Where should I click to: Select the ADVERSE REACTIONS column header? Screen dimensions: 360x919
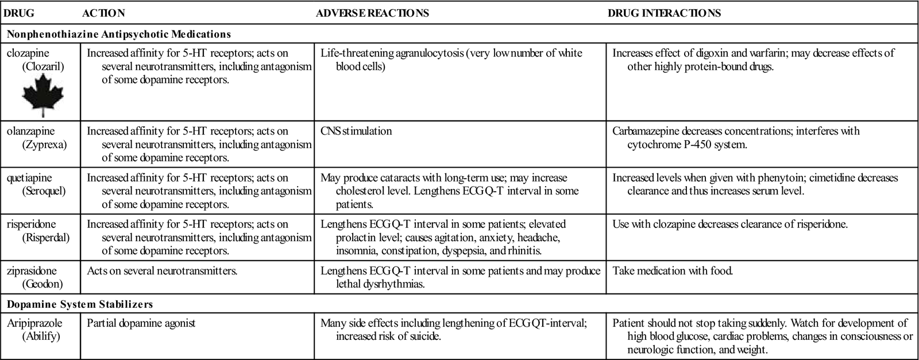372,13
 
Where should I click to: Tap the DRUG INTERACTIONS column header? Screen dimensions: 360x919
664,13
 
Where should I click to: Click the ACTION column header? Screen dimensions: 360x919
103,13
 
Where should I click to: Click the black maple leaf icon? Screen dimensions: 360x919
43,96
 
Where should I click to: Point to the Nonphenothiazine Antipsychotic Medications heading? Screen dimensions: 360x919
119,34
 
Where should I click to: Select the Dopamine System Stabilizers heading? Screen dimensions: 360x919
80,304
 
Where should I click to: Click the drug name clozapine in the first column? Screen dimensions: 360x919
28,53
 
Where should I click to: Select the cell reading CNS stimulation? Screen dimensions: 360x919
356,131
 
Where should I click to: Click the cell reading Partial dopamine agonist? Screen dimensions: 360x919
141,323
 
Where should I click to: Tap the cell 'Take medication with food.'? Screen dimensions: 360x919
673,270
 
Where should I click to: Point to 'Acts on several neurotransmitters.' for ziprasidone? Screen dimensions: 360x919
162,270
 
